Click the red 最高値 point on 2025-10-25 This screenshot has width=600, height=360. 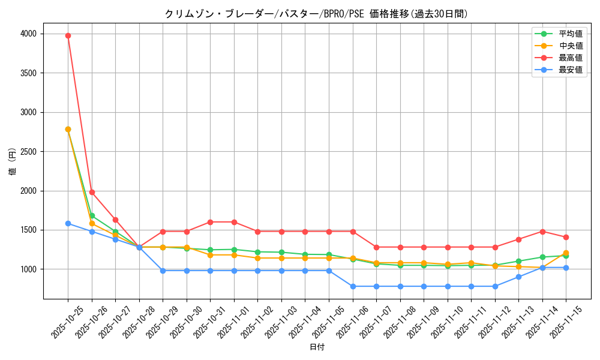(x=68, y=35)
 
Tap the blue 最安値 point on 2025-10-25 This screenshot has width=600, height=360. (x=68, y=223)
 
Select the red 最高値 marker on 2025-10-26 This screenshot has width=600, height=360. (x=92, y=192)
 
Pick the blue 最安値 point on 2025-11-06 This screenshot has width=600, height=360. (x=353, y=286)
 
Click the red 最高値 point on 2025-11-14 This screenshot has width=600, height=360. (x=542, y=232)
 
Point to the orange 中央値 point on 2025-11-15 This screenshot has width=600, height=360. (x=566, y=253)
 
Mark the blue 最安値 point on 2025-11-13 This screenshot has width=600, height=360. (x=518, y=277)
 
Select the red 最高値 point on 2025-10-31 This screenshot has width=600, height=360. (x=210, y=222)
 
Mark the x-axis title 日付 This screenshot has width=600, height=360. (x=317, y=347)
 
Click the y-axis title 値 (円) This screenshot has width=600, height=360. (x=12, y=162)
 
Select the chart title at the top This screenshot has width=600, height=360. (x=316, y=14)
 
